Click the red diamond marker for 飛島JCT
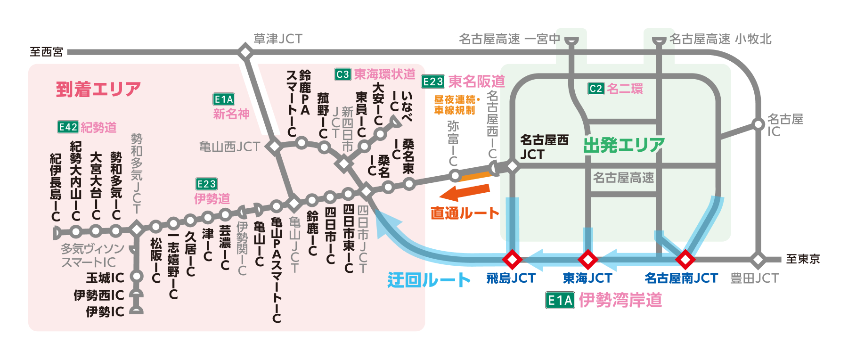click(x=512, y=259)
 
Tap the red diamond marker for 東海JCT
click(x=588, y=259)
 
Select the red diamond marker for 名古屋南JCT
click(x=685, y=259)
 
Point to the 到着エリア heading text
click(x=98, y=89)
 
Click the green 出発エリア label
click(x=624, y=145)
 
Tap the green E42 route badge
click(x=68, y=127)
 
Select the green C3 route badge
click(x=342, y=74)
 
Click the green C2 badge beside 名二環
click(x=596, y=89)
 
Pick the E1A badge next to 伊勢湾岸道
click(x=560, y=300)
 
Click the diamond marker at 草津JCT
click(x=245, y=52)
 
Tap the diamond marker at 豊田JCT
click(x=758, y=259)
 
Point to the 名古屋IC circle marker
click(x=758, y=124)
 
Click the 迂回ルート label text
click(x=429, y=280)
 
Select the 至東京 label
click(x=803, y=259)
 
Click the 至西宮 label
click(x=46, y=52)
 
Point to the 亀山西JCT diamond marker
click(x=274, y=146)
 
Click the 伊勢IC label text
click(x=105, y=312)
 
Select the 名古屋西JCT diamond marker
click(x=512, y=166)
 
